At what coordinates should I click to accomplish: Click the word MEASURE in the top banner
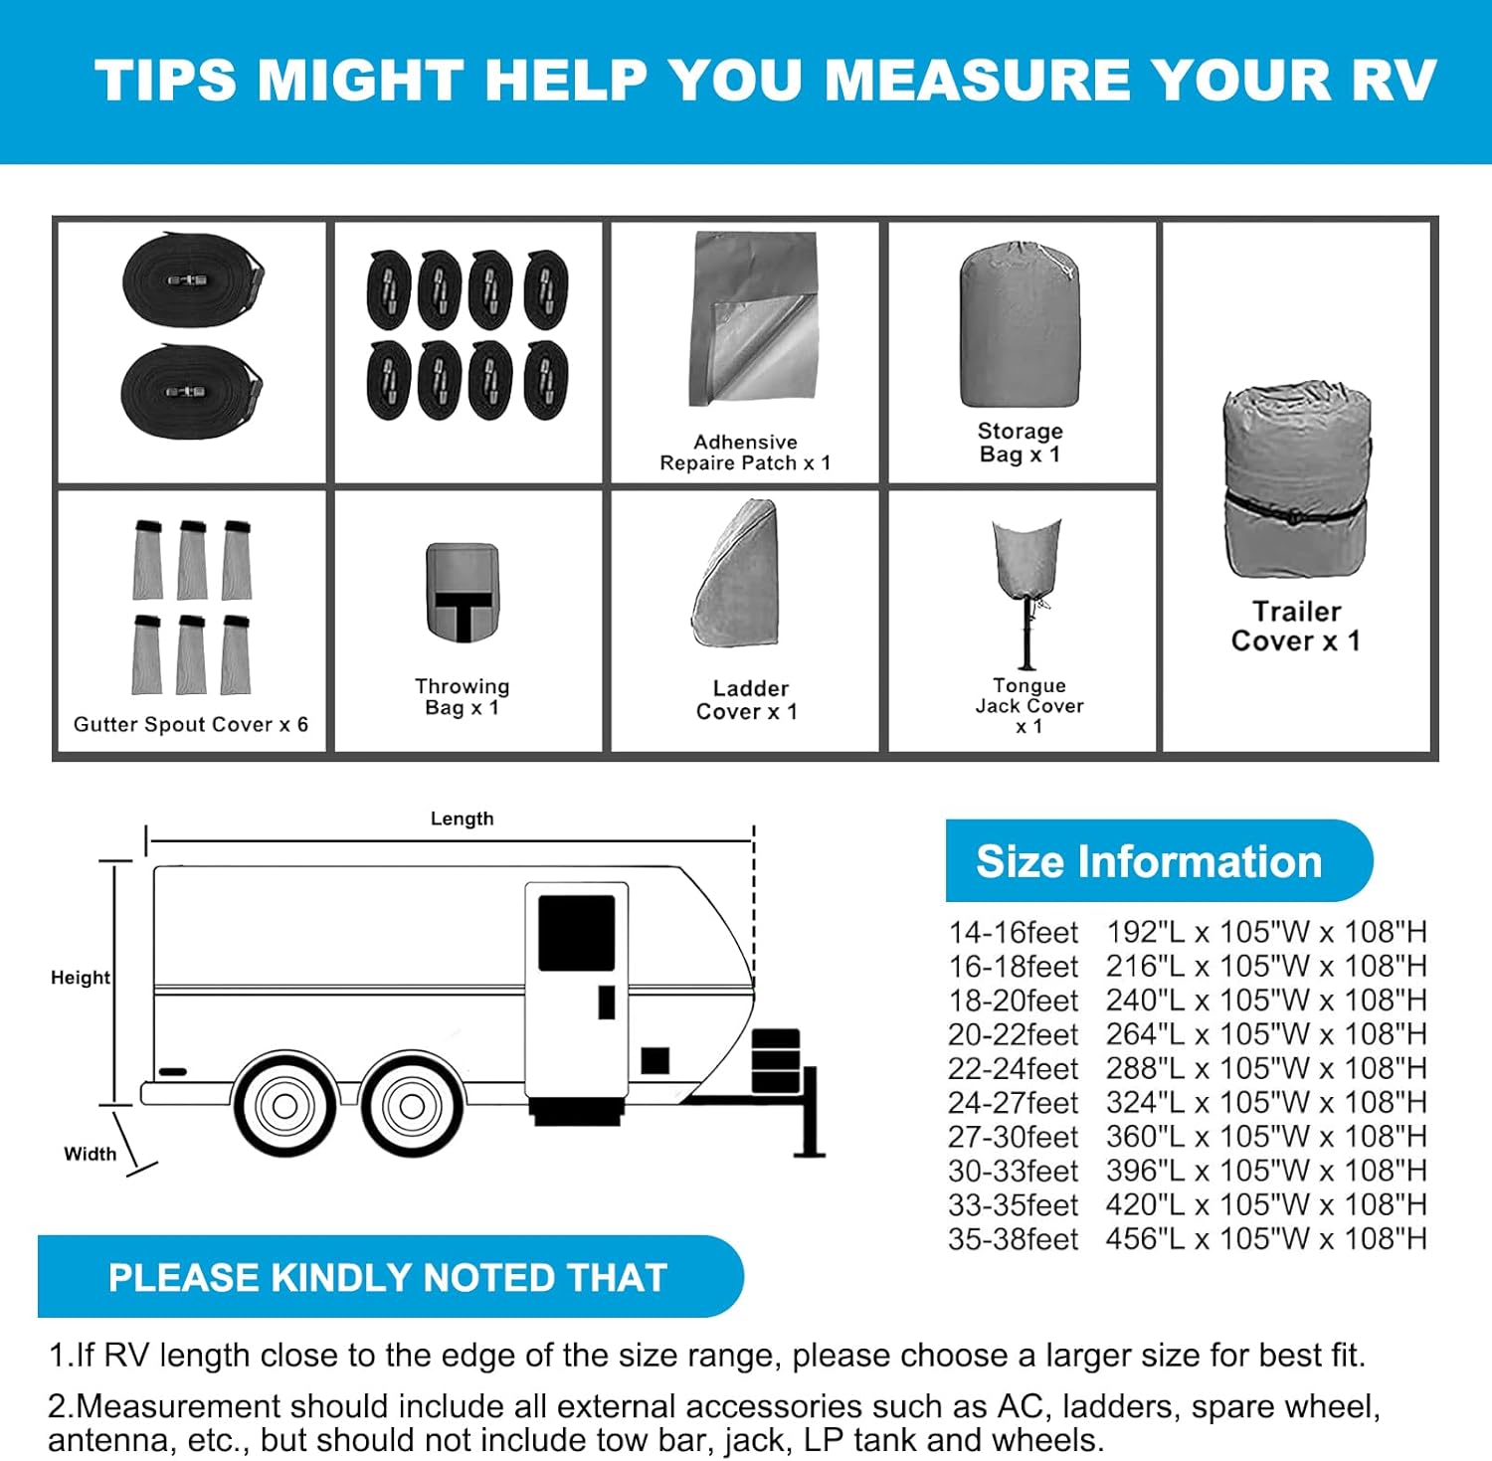(x=978, y=80)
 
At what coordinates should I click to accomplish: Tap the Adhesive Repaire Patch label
(x=745, y=453)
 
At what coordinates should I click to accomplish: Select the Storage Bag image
(x=1020, y=324)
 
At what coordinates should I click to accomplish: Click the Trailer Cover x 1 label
(x=1295, y=626)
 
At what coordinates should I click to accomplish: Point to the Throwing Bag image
(x=463, y=593)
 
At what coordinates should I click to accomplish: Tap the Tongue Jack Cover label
(x=1028, y=705)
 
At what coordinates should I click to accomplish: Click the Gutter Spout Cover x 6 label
(x=191, y=724)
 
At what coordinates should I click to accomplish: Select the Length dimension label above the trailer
(x=462, y=819)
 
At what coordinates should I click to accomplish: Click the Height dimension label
(x=81, y=978)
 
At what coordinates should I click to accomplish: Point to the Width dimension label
(x=91, y=1154)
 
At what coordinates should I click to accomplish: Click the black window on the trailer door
(x=576, y=932)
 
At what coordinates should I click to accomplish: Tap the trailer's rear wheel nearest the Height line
(x=284, y=1105)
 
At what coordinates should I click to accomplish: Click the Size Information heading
(x=1149, y=861)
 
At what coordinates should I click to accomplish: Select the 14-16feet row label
(x=1013, y=933)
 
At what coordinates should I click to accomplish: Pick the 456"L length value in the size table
(x=1145, y=1239)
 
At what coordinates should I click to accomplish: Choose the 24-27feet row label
(x=1013, y=1103)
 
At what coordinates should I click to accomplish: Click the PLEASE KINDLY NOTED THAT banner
(x=388, y=1277)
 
